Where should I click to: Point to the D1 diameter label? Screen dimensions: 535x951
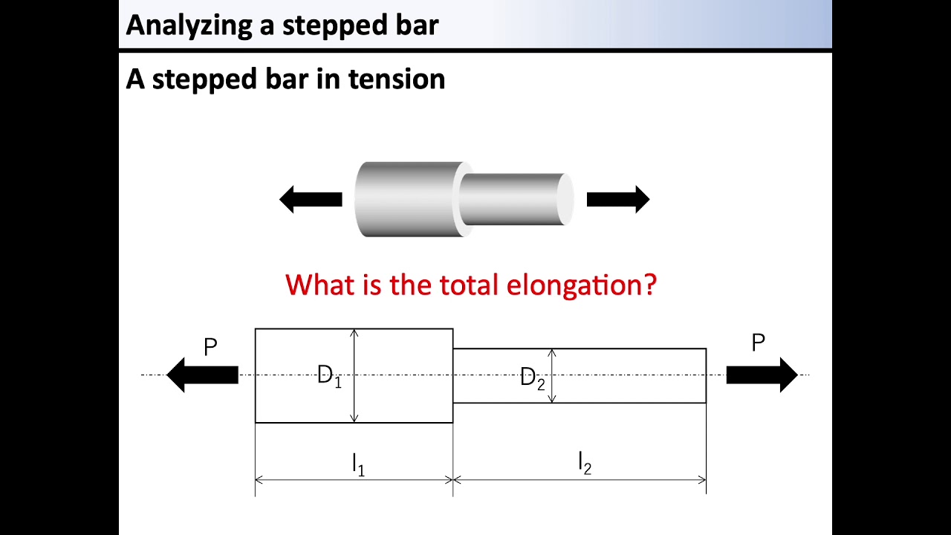pyautogui.click(x=329, y=377)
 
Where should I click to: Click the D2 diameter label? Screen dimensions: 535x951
pyautogui.click(x=533, y=378)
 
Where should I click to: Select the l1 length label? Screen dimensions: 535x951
pyautogui.click(x=358, y=464)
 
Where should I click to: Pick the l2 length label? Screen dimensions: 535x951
pyautogui.click(x=585, y=464)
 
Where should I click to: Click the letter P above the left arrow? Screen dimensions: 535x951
pyautogui.click(x=210, y=347)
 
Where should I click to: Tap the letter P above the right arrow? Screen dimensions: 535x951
pyautogui.click(x=758, y=343)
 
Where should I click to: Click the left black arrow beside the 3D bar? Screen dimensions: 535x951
pyautogui.click(x=311, y=199)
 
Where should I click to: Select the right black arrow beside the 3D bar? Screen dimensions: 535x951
pyautogui.click(x=618, y=199)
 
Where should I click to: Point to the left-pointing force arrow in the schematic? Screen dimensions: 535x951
pyautogui.click(x=202, y=374)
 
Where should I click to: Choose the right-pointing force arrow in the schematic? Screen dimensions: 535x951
pyautogui.click(x=762, y=374)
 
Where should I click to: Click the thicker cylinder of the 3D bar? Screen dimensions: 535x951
pyautogui.click(x=405, y=199)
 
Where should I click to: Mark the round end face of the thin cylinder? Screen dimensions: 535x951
pyautogui.click(x=565, y=199)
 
